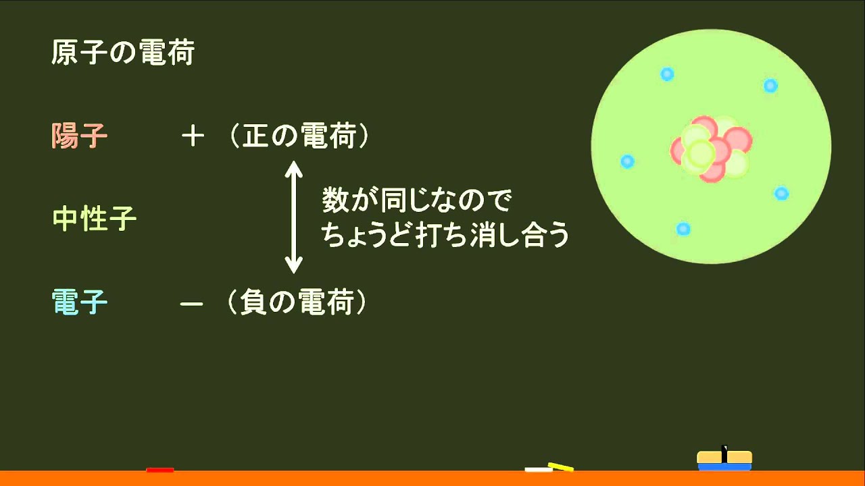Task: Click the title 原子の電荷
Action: pyautogui.click(x=122, y=53)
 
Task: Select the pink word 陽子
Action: pyautogui.click(x=79, y=136)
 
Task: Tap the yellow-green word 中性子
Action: pyautogui.click(x=94, y=219)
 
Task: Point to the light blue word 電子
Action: pyautogui.click(x=79, y=303)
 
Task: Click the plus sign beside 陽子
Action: pyautogui.click(x=193, y=137)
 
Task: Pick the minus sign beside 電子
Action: pyautogui.click(x=191, y=304)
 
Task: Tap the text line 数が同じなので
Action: pyautogui.click(x=416, y=201)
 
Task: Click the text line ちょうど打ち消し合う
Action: pyautogui.click(x=445, y=236)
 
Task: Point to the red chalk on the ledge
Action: pyautogui.click(x=159, y=469)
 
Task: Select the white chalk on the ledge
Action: pyautogui.click(x=537, y=469)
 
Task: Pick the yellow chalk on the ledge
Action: pyautogui.click(x=561, y=466)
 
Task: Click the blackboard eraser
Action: pyautogui.click(x=724, y=460)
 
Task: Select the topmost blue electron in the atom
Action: pyautogui.click(x=667, y=74)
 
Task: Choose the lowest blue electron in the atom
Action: pyautogui.click(x=683, y=229)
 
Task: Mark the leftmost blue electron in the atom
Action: pyautogui.click(x=627, y=161)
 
